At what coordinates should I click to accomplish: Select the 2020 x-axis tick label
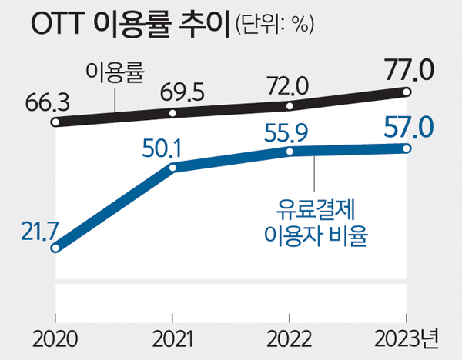55,339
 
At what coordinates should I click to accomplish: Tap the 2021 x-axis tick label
172,339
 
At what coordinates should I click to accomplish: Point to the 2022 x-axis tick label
289,339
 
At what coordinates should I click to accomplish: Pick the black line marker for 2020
55,122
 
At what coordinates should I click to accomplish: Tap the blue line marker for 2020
55,248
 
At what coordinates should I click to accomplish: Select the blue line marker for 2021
172,167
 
